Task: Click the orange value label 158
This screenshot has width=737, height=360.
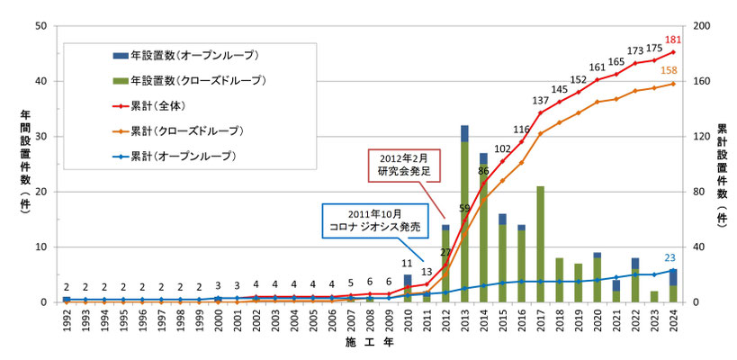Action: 670,70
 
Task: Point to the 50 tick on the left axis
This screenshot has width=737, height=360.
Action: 40,26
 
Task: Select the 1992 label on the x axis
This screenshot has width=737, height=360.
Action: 67,320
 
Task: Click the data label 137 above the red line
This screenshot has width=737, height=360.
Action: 540,101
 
